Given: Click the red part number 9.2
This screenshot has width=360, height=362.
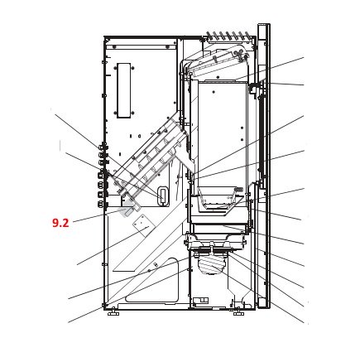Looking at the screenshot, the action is pyautogui.click(x=60, y=223).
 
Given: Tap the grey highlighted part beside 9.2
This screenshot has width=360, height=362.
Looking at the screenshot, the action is pyautogui.click(x=127, y=209).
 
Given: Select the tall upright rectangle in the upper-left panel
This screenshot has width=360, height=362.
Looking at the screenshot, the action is pyautogui.click(x=124, y=91).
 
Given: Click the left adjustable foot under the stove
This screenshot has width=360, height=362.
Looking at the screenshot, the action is pyautogui.click(x=113, y=312).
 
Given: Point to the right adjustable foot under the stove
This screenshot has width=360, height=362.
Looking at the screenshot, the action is pyautogui.click(x=238, y=312).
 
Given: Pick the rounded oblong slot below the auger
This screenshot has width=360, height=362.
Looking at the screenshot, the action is pyautogui.click(x=163, y=195).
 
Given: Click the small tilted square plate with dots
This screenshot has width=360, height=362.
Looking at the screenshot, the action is pyautogui.click(x=142, y=225).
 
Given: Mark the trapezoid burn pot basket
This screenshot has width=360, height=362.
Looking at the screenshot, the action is pyautogui.click(x=218, y=200).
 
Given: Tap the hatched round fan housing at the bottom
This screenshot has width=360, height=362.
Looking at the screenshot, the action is pyautogui.click(x=212, y=265).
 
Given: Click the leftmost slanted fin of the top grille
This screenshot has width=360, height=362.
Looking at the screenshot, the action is pyautogui.click(x=209, y=35).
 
